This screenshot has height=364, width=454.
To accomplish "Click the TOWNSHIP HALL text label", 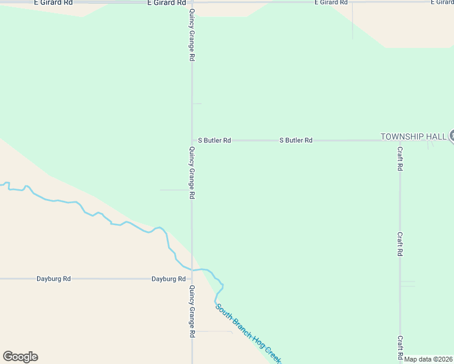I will [x=413, y=136].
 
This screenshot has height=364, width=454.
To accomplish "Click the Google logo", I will [x=20, y=357].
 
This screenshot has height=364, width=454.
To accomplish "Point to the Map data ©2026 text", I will [x=429, y=359].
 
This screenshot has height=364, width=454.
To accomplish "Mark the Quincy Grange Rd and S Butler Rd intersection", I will [x=192, y=140].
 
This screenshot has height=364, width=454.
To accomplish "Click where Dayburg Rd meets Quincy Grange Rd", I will [x=192, y=279].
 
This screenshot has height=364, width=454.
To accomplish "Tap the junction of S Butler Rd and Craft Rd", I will [x=399, y=140].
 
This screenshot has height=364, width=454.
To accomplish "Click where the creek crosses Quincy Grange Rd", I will [x=192, y=269].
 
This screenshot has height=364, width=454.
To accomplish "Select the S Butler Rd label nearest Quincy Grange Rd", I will [x=214, y=140].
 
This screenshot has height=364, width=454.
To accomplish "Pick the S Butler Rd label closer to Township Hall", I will [x=296, y=140].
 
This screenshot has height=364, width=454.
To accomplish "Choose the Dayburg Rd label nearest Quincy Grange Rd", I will [x=168, y=279].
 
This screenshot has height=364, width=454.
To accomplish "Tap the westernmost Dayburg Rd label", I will [x=53, y=279].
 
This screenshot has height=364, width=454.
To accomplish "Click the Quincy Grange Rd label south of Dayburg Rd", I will [x=192, y=311].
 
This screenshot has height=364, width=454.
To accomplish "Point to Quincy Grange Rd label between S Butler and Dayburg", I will [x=192, y=173].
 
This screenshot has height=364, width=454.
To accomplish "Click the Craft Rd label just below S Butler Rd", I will [x=400, y=158].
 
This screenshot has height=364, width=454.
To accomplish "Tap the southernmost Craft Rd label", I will [x=400, y=348].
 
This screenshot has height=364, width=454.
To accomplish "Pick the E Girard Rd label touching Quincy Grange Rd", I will [x=166, y=3].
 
